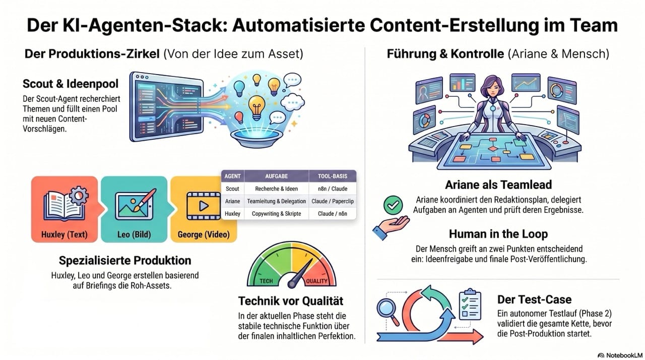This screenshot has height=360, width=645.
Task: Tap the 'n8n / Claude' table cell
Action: (x=333, y=189)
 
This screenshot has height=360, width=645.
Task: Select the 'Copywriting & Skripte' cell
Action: (x=277, y=214)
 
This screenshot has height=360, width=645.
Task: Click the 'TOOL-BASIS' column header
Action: (x=333, y=176)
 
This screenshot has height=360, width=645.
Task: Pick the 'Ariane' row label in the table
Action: (x=232, y=201)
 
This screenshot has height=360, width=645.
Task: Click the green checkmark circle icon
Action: (x=393, y=205)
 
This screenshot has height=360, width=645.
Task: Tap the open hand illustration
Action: (x=391, y=227)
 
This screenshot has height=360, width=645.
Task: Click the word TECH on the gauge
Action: (x=266, y=281)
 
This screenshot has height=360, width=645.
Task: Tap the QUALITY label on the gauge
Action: (x=316, y=281)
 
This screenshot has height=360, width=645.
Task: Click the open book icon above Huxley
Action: (x=66, y=204)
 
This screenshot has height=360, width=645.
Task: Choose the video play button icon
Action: (x=204, y=206)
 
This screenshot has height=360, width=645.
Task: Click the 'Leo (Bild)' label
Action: (x=134, y=234)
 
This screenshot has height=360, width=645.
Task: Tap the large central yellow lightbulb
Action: (x=256, y=107)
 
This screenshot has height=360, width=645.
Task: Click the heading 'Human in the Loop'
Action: (x=498, y=234)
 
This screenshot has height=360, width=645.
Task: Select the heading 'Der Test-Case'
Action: (x=534, y=299)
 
